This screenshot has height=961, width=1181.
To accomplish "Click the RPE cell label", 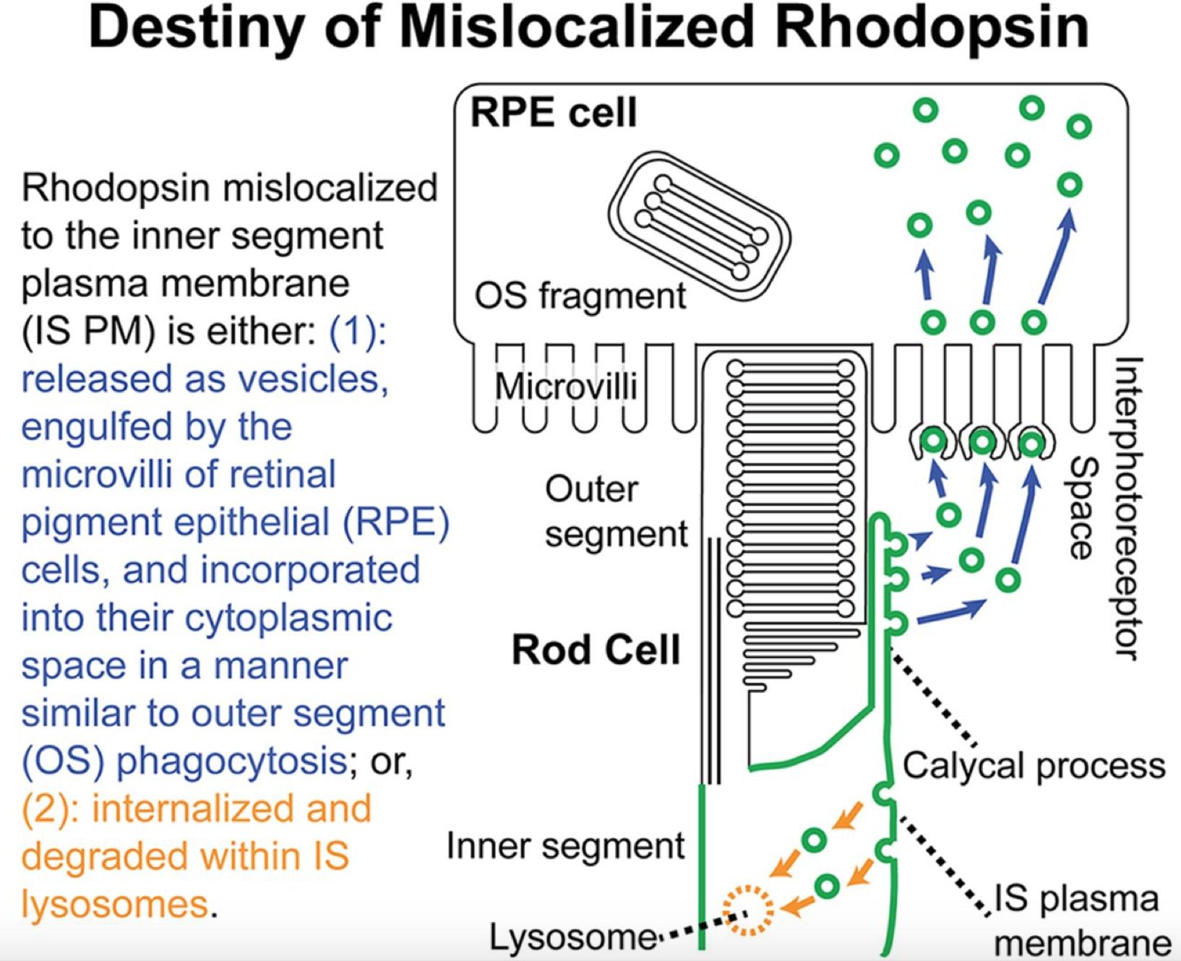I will tap(554, 113).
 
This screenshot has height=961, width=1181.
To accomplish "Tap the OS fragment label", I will tap(580, 296).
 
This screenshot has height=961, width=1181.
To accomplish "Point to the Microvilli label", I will tap(566, 387).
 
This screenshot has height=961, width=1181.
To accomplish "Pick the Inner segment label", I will tap(565, 845).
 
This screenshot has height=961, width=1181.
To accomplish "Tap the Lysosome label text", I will tap(573, 938).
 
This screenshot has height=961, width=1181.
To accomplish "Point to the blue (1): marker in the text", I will tap(358, 331).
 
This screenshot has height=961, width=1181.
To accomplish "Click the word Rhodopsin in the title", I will tap(932, 27).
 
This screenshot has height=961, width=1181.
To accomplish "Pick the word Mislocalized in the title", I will tap(578, 27).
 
